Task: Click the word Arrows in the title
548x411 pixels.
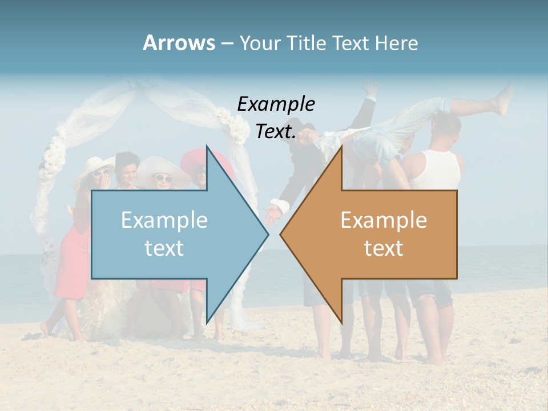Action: pyautogui.click(x=179, y=43)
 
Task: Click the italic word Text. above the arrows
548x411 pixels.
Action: pyautogui.click(x=276, y=131)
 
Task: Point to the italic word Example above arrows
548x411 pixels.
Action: pyautogui.click(x=276, y=104)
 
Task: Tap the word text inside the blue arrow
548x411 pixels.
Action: pyautogui.click(x=164, y=248)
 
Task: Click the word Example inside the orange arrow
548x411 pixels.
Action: pyautogui.click(x=384, y=220)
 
